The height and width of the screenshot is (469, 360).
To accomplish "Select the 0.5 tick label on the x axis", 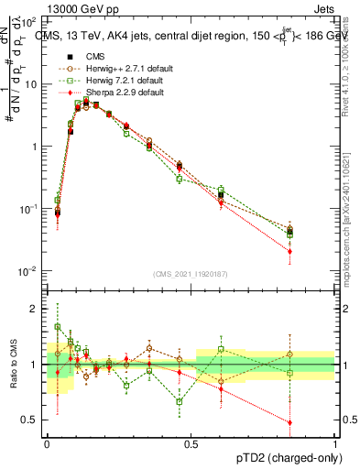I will (191, 442).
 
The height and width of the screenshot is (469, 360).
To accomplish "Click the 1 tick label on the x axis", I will (335, 442).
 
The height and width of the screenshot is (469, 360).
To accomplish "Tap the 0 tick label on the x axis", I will (47, 442).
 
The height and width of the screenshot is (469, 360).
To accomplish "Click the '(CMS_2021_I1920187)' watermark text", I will (191, 272).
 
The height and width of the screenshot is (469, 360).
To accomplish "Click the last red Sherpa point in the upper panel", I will (315, 251).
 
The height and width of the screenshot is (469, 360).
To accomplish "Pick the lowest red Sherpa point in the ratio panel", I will (315, 422).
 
